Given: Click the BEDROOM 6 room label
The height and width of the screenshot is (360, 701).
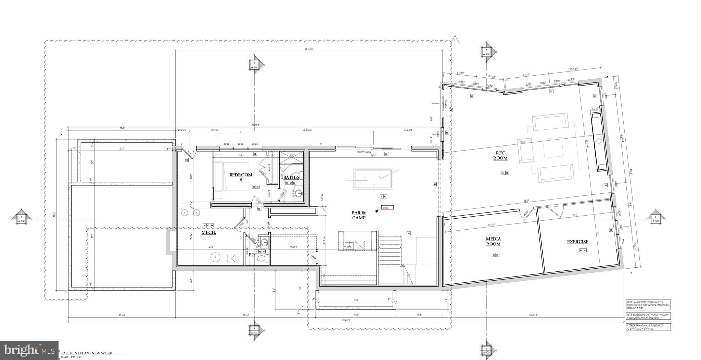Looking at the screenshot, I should [x=241, y=177].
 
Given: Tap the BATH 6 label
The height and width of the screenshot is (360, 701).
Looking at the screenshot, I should [x=291, y=177].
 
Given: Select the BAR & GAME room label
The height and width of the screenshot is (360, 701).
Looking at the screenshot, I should [x=359, y=215].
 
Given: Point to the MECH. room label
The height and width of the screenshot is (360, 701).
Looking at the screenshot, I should [x=208, y=232].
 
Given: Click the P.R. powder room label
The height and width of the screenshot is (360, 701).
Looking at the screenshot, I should [x=252, y=254].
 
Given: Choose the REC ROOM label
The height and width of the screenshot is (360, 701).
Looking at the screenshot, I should [x=500, y=156].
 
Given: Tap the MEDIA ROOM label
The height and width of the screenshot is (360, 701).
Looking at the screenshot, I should [x=493, y=241].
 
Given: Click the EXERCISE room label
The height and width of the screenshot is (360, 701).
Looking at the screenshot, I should [x=578, y=242].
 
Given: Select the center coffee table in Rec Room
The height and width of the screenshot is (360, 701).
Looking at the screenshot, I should [x=552, y=147].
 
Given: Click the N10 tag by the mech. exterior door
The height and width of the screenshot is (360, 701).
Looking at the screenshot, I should [x=187, y=160].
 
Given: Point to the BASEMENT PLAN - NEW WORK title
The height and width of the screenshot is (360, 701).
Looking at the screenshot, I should [x=87, y=353].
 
